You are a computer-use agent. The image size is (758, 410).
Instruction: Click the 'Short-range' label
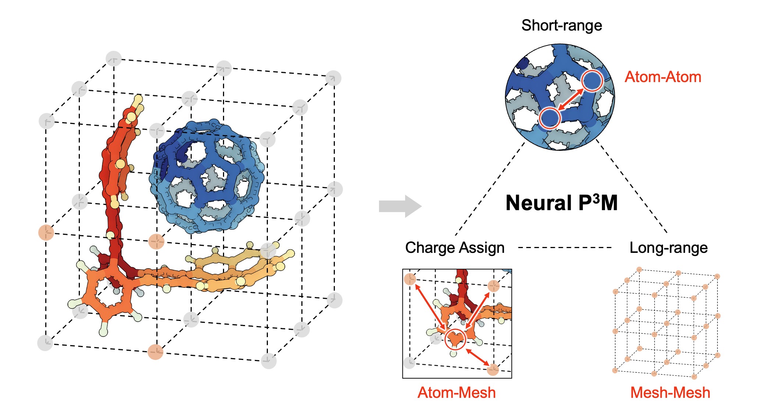(x=562, y=25)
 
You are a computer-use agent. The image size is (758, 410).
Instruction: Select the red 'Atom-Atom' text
(x=663, y=77)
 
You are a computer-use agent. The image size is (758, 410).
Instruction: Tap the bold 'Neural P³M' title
(x=562, y=203)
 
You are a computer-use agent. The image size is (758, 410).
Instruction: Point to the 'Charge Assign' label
(x=455, y=248)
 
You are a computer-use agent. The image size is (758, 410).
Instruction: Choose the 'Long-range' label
(x=669, y=248)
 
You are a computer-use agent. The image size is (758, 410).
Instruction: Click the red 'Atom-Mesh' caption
(x=457, y=393)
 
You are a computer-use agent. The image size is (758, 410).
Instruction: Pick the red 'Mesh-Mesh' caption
(x=670, y=393)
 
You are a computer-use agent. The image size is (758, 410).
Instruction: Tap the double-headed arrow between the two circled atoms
(x=570, y=99)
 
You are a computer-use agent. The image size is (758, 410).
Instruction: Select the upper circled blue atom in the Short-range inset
(x=592, y=81)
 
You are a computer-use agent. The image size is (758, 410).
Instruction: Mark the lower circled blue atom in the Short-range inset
(x=549, y=118)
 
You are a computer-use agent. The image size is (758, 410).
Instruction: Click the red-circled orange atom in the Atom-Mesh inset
(x=455, y=339)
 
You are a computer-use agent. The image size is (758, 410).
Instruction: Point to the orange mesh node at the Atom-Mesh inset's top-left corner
(x=410, y=279)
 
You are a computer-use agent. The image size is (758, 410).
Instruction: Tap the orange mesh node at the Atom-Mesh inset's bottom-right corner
(x=493, y=370)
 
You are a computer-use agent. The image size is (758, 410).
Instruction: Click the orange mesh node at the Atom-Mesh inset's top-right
(x=494, y=286)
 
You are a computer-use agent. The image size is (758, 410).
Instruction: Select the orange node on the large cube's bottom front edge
(x=155, y=352)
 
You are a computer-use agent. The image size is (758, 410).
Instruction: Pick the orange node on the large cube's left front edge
(x=46, y=233)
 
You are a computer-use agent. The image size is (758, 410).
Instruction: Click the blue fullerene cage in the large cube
(x=208, y=177)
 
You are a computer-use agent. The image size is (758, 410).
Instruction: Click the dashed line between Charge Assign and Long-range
(x=565, y=248)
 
